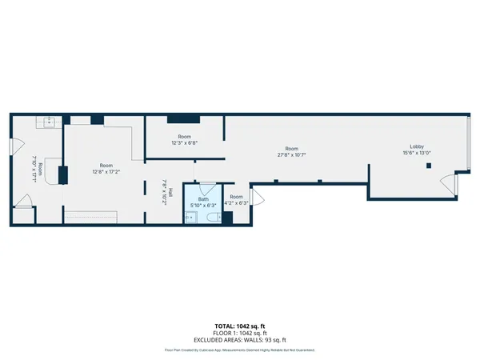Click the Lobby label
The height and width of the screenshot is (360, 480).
[417, 146]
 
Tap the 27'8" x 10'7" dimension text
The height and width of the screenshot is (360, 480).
[292, 154]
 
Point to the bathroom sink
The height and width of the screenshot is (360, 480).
[190, 217]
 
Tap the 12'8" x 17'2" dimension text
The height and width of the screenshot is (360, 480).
[105, 170]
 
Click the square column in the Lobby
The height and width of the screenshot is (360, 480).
[430, 166]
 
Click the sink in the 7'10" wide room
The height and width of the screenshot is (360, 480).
[48, 122]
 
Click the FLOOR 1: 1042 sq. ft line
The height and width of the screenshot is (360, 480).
[239, 334]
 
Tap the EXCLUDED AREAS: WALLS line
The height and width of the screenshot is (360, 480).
[239, 341]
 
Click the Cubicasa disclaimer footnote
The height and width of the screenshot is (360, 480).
[239, 350]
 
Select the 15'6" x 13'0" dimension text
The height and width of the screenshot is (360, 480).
[417, 154]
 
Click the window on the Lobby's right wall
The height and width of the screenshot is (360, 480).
[470, 142]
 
